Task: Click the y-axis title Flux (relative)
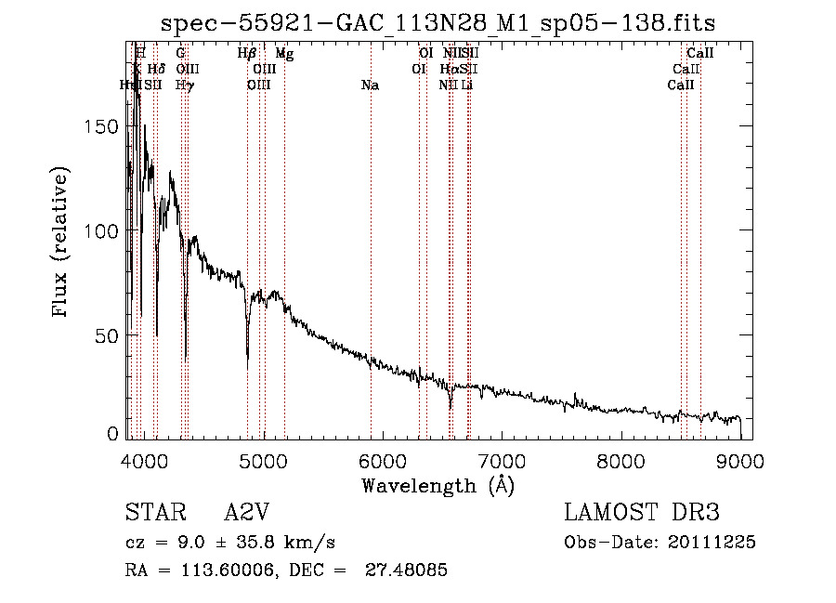click(x=61, y=243)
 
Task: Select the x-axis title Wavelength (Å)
click(x=438, y=485)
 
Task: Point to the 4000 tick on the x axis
click(x=144, y=459)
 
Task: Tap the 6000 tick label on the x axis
click(x=383, y=459)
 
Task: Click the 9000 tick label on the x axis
click(x=740, y=459)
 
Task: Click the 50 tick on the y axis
click(x=109, y=334)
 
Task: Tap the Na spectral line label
click(x=370, y=85)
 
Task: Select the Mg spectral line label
click(x=284, y=54)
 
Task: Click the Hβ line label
click(x=246, y=54)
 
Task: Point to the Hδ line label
click(x=156, y=70)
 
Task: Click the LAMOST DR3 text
click(x=641, y=513)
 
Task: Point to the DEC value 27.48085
click(x=409, y=570)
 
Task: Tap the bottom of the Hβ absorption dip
click(x=247, y=358)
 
